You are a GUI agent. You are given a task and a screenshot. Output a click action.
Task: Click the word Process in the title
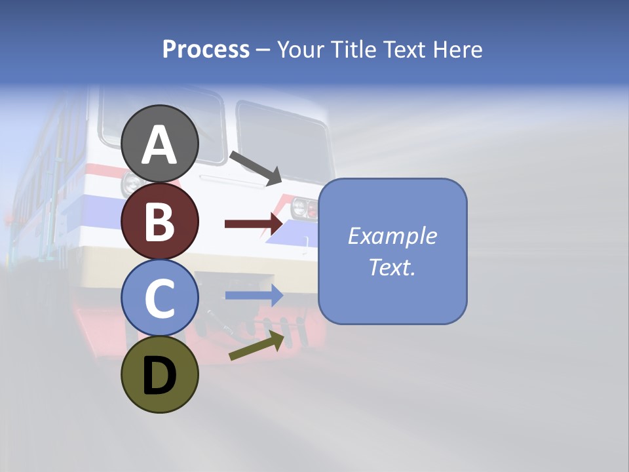pos(206,49)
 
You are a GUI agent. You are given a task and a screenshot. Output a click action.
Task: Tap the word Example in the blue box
pos(392,236)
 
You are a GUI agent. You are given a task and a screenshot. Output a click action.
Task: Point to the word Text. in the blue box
pos(392,267)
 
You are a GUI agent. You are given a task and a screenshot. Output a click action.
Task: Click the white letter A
pos(160,145)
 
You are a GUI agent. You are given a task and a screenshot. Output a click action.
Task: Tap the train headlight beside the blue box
pos(302,207)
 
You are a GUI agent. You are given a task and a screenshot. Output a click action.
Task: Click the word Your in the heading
pos(302,49)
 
